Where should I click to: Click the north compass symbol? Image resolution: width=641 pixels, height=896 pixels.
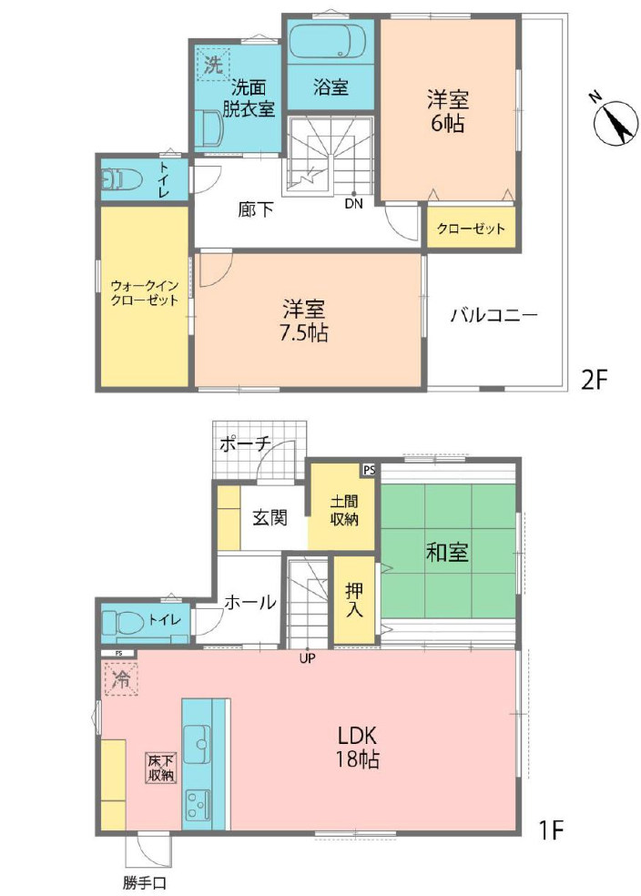pos(616,122)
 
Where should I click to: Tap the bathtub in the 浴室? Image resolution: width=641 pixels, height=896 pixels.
pos(331,41)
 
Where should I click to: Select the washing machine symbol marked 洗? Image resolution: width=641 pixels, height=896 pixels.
pos(213,64)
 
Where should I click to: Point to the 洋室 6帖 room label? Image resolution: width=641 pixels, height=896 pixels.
pos(447,111)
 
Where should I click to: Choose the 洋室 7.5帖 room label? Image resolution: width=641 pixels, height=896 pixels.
pos(304,321)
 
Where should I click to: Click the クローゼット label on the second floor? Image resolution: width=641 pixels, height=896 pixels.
pos(471,229)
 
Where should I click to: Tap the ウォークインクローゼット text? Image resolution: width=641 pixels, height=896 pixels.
pos(145,293)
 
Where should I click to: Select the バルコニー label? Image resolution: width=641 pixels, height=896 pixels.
pos(494,315)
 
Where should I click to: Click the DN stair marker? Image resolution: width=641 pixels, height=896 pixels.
pos(353,204)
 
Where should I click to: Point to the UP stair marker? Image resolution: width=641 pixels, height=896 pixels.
pos(308,658)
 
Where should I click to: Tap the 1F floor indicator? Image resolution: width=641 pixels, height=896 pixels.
pos(551,830)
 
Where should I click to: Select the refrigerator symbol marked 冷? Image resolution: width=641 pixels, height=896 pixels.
pos(120,679)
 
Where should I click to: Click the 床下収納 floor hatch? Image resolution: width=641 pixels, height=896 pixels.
pos(161,769)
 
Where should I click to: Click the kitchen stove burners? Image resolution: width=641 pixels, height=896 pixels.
pos(197,805)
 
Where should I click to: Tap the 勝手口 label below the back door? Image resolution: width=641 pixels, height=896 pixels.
pos(144,881)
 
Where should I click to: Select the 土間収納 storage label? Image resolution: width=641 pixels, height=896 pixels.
pos(343,511)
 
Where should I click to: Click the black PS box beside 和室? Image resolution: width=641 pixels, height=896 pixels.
pos(369,470)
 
